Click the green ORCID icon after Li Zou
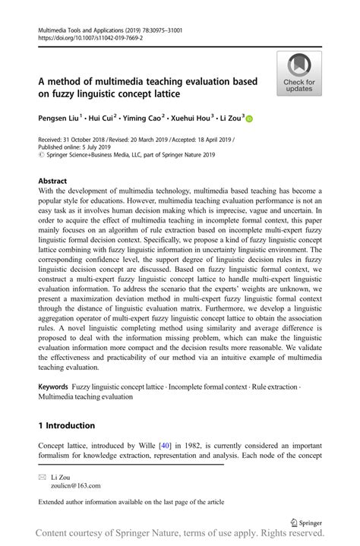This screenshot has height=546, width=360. coord(249,118)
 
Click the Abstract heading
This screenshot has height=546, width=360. coord(52,182)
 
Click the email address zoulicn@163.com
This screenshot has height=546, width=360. coord(75,485)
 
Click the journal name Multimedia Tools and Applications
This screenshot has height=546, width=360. coord(81,30)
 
